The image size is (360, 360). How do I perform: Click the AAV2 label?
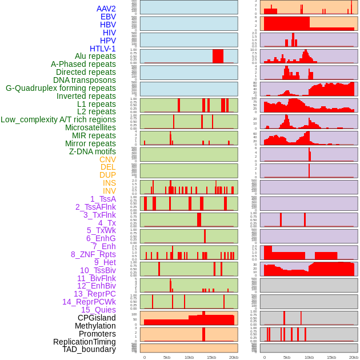point(106,9)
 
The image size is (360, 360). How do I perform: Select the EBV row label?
point(108,17)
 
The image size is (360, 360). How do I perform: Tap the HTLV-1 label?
point(103,49)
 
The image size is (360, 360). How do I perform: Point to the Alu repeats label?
point(95,57)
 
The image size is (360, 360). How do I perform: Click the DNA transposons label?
point(85,81)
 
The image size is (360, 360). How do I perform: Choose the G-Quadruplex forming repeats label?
point(61,89)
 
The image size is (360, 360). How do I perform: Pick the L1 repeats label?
point(97,104)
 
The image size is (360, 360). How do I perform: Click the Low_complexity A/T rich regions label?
point(58,119)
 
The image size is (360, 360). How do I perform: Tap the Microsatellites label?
point(90,127)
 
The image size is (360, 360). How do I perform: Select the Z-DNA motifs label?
point(93,151)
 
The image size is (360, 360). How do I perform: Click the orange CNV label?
point(107,159)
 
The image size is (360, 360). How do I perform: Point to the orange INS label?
point(109,183)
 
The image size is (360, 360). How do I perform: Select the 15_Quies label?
point(98,310)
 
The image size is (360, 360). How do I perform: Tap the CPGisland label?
point(97,318)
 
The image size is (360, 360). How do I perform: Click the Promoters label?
point(97,334)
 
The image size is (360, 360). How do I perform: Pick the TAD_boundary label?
point(89,349)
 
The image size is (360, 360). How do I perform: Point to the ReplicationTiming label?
point(84,342)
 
